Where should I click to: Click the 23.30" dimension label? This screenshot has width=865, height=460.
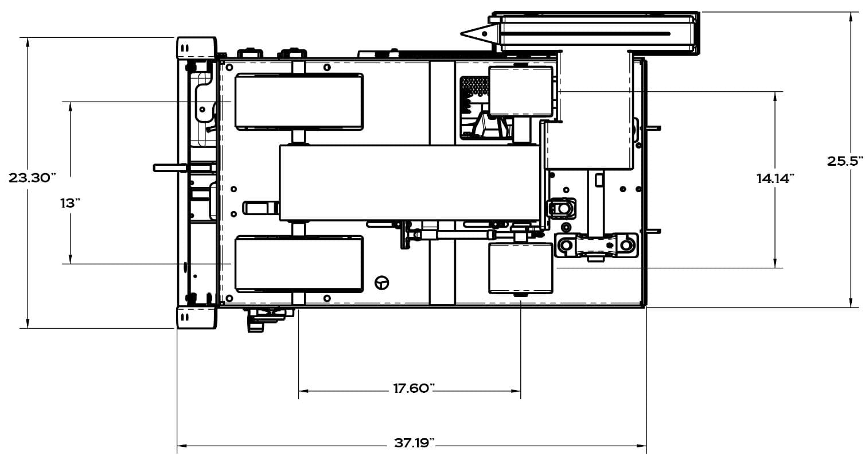pos(33,178)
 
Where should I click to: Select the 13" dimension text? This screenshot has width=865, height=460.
pos(70,203)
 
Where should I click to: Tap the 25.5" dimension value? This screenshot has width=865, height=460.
pos(844,161)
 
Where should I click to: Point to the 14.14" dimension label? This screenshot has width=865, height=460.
pos(775,178)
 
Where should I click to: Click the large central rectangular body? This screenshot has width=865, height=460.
pos(410,183)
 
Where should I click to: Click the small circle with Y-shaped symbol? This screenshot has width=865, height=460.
pos(382,283)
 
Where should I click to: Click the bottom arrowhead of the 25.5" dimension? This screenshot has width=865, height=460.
pos(851,303)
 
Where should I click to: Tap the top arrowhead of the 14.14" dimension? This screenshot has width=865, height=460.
pos(775,96)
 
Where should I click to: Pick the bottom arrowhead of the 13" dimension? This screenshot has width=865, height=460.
pos(71,259)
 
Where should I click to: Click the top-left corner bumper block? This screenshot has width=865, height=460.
pos(196,48)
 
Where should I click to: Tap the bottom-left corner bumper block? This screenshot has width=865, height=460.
pos(196,318)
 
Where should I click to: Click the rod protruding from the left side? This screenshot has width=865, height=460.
pos(170,167)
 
